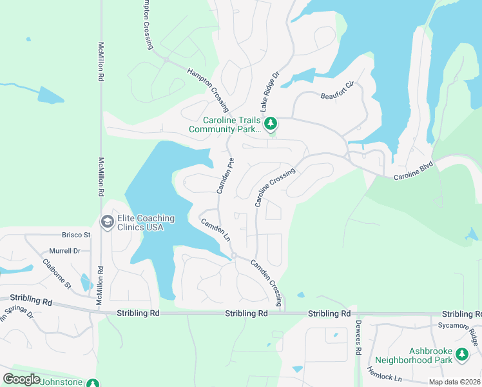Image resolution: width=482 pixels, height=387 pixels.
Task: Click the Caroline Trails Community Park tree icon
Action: tap(272, 123)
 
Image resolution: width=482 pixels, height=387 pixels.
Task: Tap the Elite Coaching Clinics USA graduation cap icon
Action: tap(107, 223)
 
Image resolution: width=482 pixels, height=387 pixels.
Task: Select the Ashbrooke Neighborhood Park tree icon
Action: tap(461, 353)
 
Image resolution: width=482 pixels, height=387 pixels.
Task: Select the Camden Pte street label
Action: tap(227, 175)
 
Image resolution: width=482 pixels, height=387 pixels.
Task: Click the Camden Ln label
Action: tap(215, 229)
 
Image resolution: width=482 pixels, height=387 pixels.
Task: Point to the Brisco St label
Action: tap(76, 235)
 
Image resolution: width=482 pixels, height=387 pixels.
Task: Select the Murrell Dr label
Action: tap(64, 251)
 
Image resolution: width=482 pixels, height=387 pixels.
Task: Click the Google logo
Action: tap(21, 379)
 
